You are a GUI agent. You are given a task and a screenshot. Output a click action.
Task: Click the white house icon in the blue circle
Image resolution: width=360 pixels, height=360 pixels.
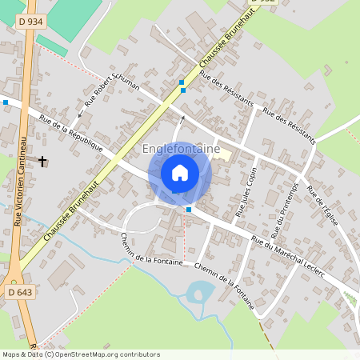(180, 172)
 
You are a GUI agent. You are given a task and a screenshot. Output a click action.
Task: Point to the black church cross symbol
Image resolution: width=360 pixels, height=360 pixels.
(42, 162)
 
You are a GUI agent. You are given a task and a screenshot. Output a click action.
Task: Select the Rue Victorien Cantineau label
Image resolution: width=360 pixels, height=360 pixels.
(17, 191)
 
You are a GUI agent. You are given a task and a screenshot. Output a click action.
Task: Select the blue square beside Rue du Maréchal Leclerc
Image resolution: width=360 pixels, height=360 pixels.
(189, 209)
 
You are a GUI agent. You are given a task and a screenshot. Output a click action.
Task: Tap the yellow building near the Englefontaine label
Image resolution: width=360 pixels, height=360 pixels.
(224, 155)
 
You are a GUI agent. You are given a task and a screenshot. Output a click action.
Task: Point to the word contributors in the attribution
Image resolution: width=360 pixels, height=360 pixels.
(136, 354)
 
